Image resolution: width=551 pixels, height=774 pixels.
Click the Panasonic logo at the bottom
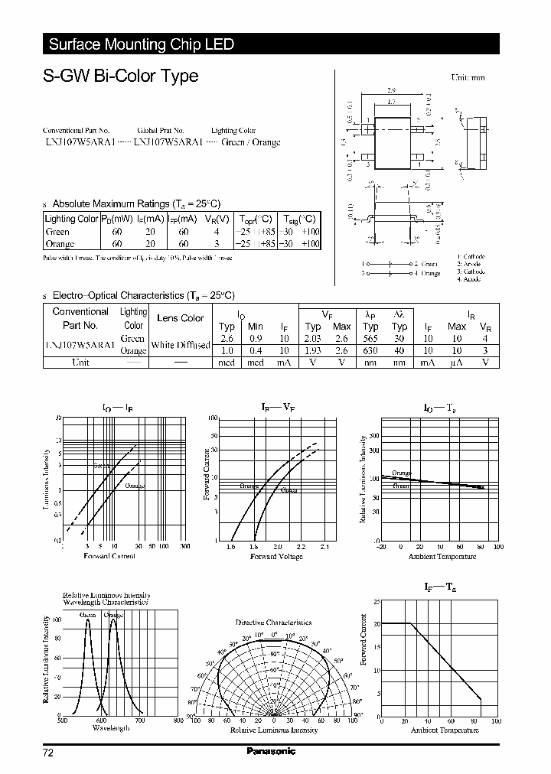tap(271, 752)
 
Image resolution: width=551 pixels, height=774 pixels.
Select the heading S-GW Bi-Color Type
tap(121, 76)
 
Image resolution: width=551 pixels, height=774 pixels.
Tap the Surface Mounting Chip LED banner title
tap(142, 44)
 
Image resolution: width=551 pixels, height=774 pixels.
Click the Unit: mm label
tap(468, 77)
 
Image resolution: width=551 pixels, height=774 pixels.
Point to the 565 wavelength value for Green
tap(370, 338)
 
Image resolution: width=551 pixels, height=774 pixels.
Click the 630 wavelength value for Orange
tap(370, 350)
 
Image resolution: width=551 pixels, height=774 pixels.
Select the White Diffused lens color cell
tap(180, 345)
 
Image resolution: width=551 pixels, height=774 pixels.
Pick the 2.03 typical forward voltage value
tap(313, 338)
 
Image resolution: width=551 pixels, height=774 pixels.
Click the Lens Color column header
tap(180, 318)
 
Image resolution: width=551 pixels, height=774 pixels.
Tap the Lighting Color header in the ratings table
tap(72, 219)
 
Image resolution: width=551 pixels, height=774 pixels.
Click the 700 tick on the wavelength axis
tap(139, 720)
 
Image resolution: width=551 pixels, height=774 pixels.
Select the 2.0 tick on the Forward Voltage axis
tap(277, 547)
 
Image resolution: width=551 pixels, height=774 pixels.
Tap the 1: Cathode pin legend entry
tap(469, 256)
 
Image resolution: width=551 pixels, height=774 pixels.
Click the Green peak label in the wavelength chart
tap(87, 615)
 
